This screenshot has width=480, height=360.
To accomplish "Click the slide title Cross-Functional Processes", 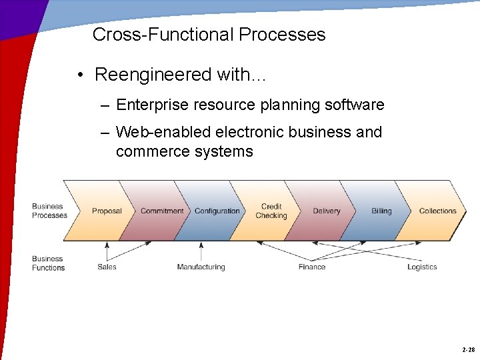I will (209, 35).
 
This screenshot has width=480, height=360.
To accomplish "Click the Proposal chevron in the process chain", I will (107, 211).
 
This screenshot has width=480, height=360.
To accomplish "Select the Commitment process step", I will (162, 211).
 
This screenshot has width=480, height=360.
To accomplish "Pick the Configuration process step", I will (217, 211).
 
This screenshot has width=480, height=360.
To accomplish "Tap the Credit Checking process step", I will (271, 211).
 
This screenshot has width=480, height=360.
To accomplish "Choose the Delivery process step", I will (327, 211).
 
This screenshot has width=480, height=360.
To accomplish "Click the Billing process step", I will (381, 211).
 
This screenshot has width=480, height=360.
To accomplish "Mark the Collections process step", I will (437, 211).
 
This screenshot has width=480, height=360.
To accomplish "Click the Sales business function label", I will (107, 267).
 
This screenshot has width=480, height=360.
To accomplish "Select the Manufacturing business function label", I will (201, 267).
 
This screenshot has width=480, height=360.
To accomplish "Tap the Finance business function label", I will (312, 267).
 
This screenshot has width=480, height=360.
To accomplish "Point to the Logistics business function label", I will (422, 267).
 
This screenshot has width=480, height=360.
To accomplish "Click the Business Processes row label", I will (49, 211).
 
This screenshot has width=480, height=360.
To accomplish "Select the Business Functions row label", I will (48, 263).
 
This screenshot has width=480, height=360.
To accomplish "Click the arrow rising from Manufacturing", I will (201, 251).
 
